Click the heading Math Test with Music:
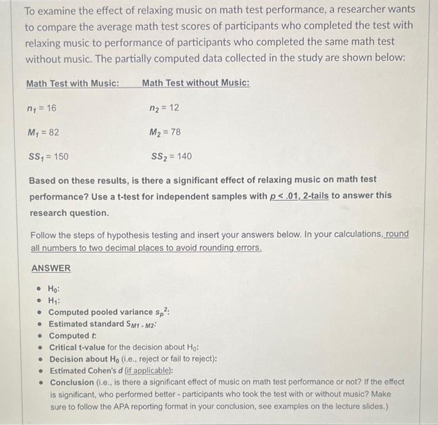pos(73,83)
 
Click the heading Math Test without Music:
pos(196,83)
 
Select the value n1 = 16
pos(43,108)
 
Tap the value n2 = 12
pos(164,108)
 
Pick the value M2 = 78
pos(165,132)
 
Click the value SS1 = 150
pos(49,156)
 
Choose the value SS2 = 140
pos(171,156)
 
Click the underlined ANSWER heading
pos(51,269)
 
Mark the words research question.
pos(69,212)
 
